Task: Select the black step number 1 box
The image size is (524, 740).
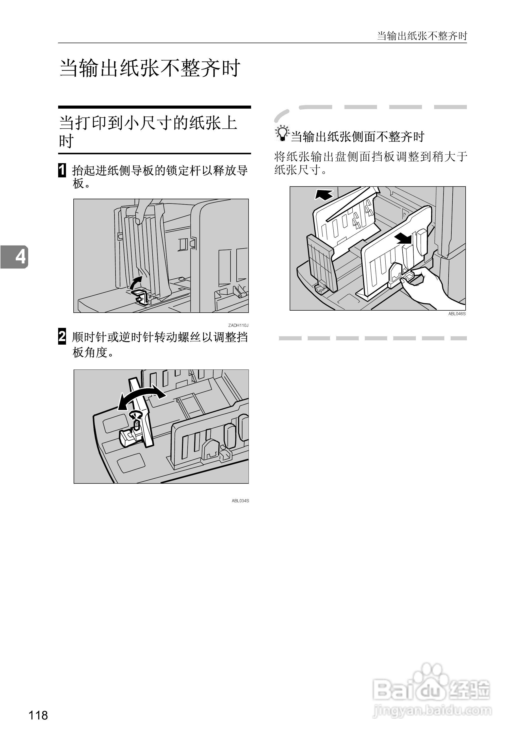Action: [62, 170]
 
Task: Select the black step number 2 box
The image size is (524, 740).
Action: [62, 337]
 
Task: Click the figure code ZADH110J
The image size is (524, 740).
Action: [238, 325]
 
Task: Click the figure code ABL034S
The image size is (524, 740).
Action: [240, 501]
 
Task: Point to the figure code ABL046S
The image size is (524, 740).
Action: [457, 314]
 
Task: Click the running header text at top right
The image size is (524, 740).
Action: [422, 36]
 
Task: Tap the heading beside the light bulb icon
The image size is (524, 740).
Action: [357, 137]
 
